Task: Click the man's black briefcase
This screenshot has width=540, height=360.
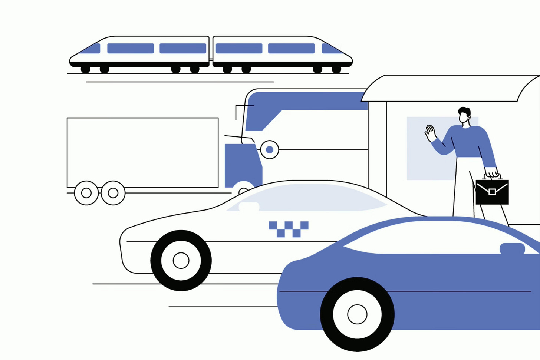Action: pyautogui.click(x=492, y=192)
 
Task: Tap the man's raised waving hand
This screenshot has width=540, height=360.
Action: pyautogui.click(x=430, y=133)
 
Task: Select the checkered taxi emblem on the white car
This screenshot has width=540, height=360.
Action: pyautogui.click(x=288, y=229)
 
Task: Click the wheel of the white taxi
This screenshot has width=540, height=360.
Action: pyautogui.click(x=181, y=260)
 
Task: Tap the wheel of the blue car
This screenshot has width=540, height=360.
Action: pyautogui.click(x=357, y=314)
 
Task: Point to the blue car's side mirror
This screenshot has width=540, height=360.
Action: pyautogui.click(x=512, y=248)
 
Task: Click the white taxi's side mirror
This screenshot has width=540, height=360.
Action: pyautogui.click(x=249, y=207)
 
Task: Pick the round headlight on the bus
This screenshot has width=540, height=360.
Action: pyautogui.click(x=270, y=150)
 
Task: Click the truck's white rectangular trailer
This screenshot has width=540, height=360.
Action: pyautogui.click(x=142, y=152)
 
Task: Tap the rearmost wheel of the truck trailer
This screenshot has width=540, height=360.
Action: pyautogui.click(x=86, y=193)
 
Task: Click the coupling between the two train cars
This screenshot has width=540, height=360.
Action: pyautogui.click(x=211, y=59)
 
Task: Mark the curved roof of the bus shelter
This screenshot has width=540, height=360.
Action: pyautogui.click(x=449, y=88)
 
